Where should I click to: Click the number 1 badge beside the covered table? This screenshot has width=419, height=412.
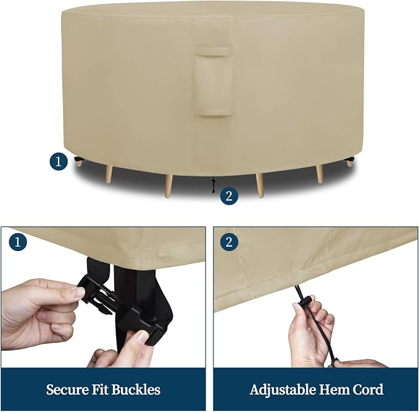[59, 162]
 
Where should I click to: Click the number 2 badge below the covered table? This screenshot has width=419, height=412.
[229, 196]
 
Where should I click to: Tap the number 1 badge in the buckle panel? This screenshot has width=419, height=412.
[18, 242]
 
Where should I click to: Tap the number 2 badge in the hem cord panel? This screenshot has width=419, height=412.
[229, 242]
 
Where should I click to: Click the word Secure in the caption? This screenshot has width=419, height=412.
[67, 390]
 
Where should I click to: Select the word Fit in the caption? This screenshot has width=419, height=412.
[100, 390]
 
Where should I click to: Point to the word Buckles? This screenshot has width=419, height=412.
[136, 390]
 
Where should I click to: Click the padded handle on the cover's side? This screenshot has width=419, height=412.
[214, 81]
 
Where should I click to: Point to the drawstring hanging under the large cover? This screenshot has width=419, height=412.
[213, 185]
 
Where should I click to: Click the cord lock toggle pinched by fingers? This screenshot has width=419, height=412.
[305, 301]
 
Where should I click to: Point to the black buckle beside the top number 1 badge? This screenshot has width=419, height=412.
[78, 159]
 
